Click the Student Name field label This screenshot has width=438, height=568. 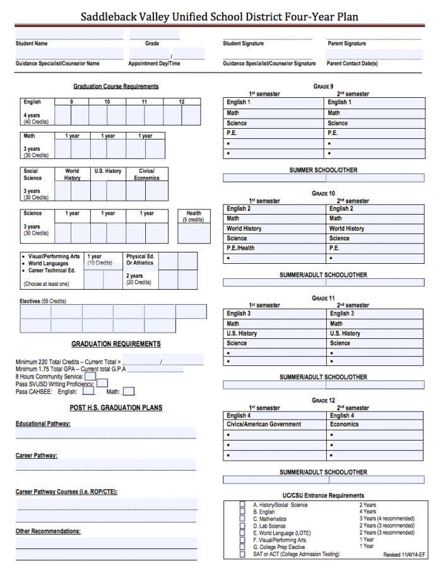point(32,44)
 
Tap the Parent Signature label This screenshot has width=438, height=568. point(346,44)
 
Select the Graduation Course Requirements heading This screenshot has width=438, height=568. point(115,86)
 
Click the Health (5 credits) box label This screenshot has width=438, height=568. point(194,216)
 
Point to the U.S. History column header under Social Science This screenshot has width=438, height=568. point(108,171)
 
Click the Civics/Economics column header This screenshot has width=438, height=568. point(146,174)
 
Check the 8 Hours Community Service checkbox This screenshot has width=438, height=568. point(90,376)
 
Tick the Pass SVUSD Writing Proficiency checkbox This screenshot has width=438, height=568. point(102,383)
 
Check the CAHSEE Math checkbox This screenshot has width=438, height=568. point(129,392)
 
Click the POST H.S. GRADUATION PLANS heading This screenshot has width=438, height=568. point(115,408)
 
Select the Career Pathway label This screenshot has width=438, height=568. point(37,455)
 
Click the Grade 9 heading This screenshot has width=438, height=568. point(323,86)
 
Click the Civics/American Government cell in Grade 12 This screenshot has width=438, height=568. point(264,425)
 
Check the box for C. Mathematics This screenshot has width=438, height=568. point(242,519)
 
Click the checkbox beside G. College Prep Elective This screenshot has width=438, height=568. point(242,547)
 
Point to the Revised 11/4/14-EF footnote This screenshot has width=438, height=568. point(404,555)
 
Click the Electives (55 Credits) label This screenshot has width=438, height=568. point(43,301)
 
